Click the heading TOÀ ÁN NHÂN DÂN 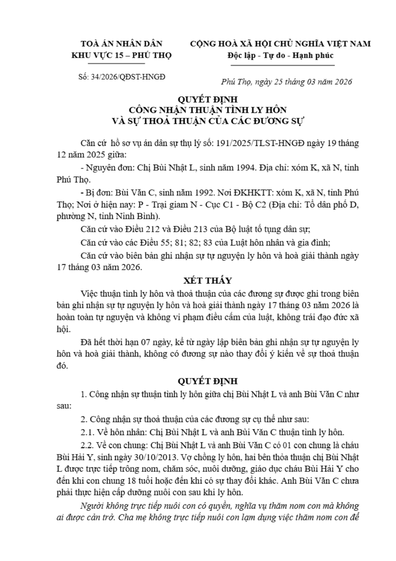point(121,44)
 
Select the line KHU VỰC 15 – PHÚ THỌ point(121,55)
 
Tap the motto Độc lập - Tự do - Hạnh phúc point(280,55)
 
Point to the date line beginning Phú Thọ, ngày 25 point(287,82)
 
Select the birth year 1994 point(246,168)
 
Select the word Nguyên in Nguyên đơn point(99,168)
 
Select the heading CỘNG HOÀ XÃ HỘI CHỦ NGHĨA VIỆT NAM point(280,44)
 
